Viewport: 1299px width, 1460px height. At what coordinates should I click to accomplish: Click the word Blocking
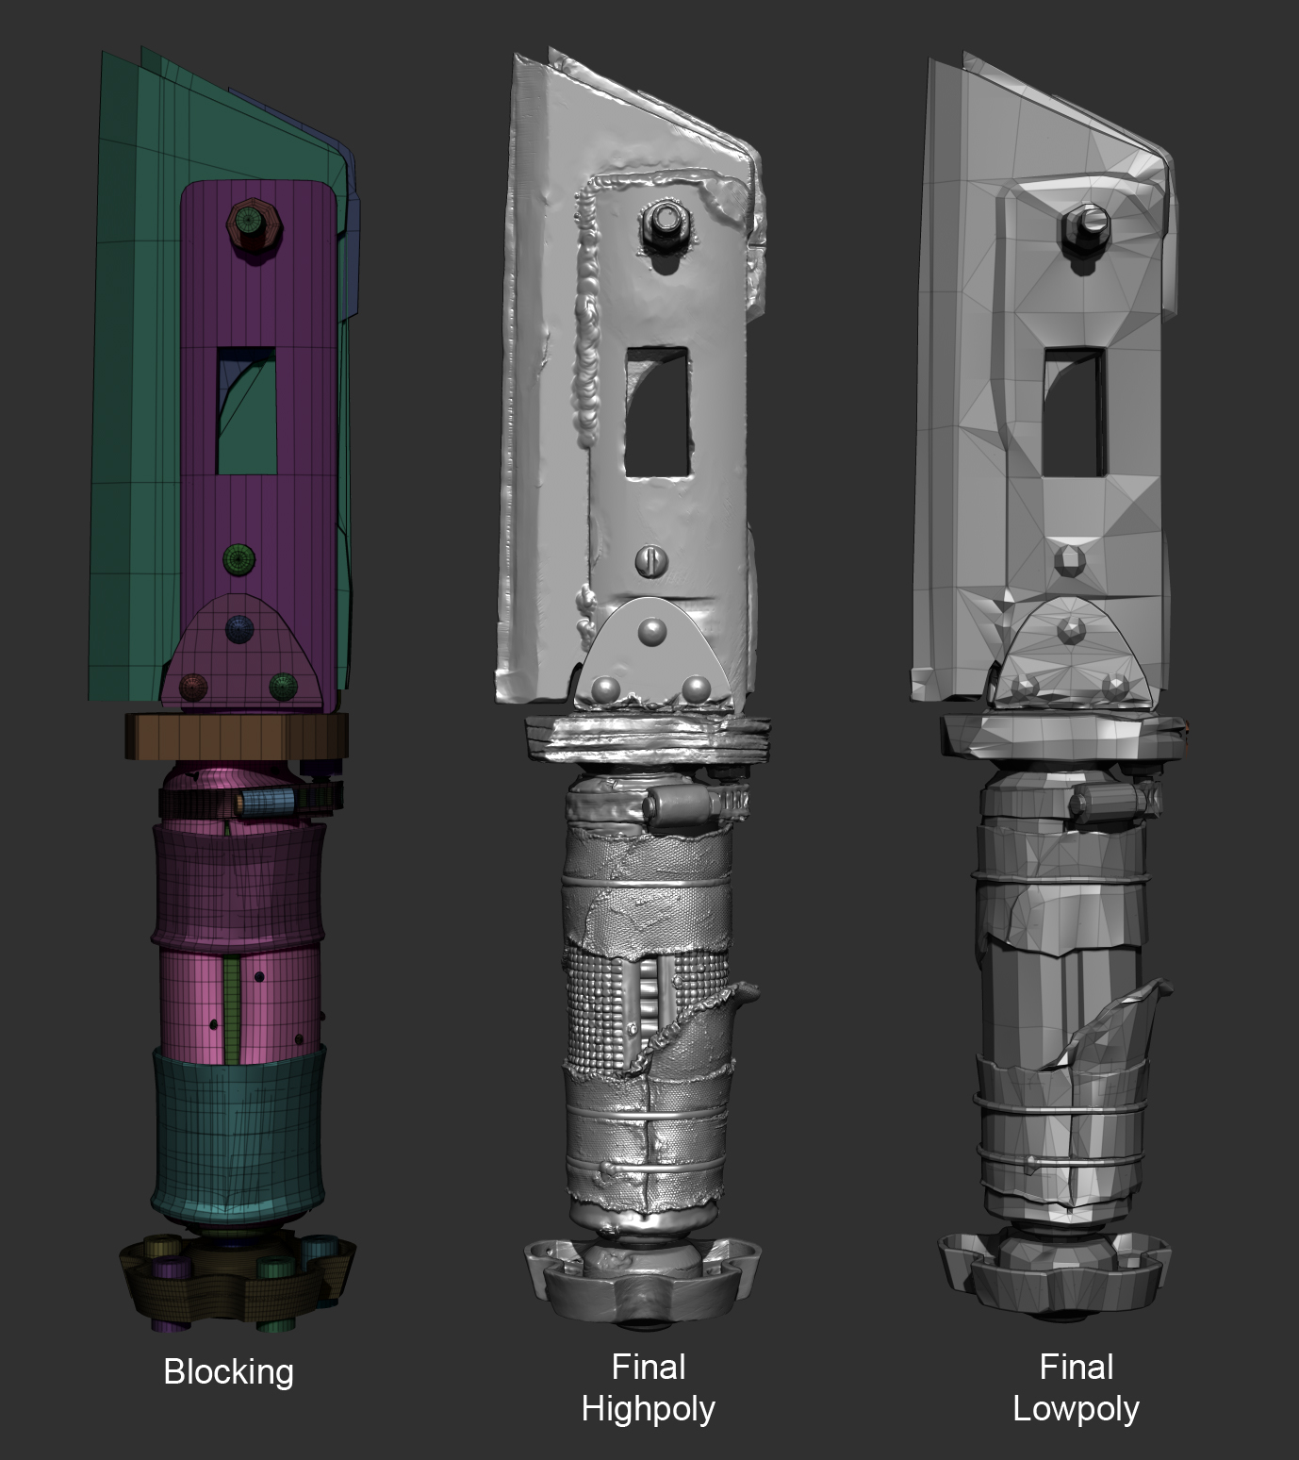pos(228,1371)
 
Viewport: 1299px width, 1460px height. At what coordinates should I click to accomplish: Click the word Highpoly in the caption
pos(648,1409)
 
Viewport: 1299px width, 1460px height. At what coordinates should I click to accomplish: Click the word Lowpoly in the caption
pos(1076,1409)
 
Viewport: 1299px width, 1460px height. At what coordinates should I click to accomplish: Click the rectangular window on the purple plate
pos(247,409)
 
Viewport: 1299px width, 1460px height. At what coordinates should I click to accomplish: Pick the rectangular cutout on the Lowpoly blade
pos(1074,410)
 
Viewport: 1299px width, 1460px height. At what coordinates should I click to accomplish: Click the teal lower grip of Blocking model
pos(239,1133)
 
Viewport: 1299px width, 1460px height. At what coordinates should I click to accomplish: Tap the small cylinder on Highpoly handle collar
pos(675,807)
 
